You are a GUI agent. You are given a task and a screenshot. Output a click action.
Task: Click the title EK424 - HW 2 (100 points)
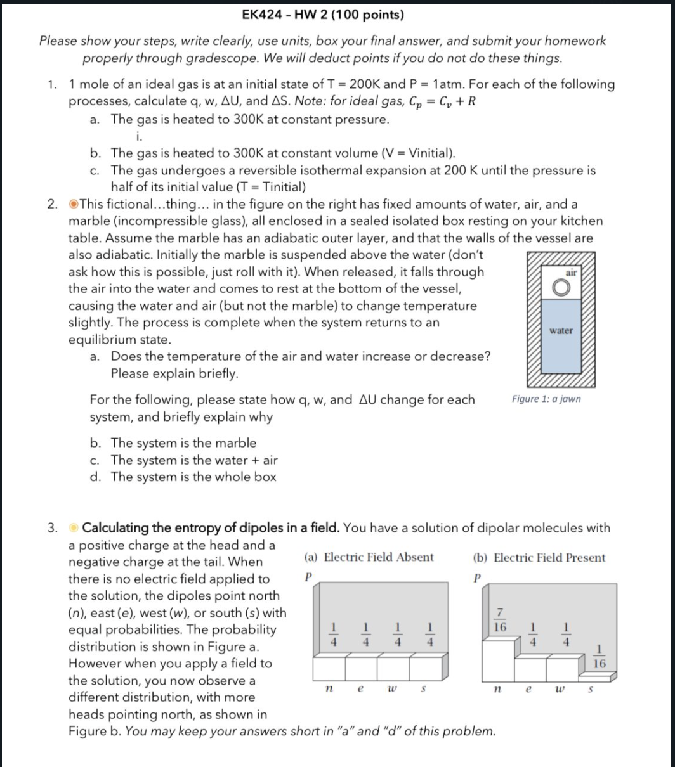(x=324, y=15)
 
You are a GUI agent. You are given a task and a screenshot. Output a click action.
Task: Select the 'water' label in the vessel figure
(x=561, y=330)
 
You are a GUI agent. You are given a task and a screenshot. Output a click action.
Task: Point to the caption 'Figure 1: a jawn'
(x=546, y=399)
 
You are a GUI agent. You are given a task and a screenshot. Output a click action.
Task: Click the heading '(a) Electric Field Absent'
(x=369, y=558)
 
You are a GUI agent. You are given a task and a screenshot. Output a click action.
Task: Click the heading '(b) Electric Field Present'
(x=539, y=558)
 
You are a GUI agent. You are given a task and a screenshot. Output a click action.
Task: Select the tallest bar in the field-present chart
(x=499, y=660)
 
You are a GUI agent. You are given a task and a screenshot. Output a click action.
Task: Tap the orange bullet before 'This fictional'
(x=74, y=204)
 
